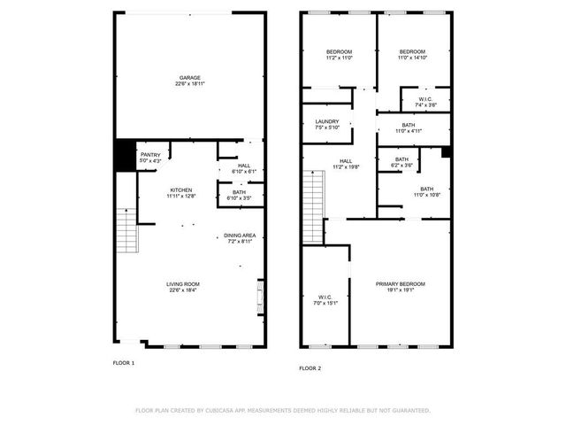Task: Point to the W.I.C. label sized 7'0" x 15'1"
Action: coord(326,299)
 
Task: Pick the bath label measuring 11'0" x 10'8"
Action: coord(427,191)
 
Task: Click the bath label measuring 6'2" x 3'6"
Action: coord(402,162)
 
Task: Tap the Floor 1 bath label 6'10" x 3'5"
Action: coord(239,195)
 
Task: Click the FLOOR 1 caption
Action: coord(123,363)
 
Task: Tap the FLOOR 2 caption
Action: coord(310,367)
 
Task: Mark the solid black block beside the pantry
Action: coord(124,156)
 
